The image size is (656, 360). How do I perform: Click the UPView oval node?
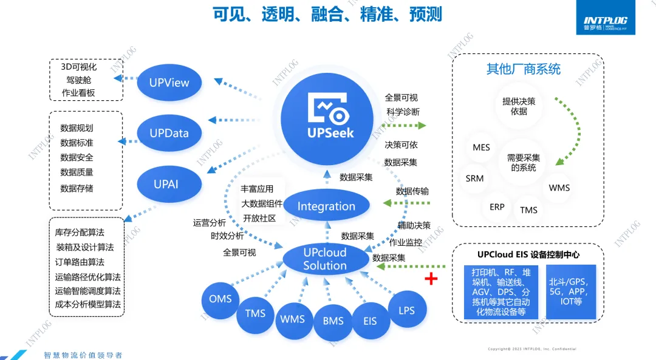pyautogui.click(x=169, y=83)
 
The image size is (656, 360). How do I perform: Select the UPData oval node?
pyautogui.click(x=169, y=133)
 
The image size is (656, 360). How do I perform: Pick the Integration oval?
pyautogui.click(x=326, y=206)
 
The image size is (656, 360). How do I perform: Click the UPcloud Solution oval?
pyautogui.click(x=325, y=259)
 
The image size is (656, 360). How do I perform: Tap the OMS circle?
pyautogui.click(x=220, y=299)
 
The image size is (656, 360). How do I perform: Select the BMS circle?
pyautogui.click(x=333, y=321)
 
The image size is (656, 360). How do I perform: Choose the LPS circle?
pyautogui.click(x=406, y=310)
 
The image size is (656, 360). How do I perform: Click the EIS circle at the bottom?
pyautogui.click(x=370, y=321)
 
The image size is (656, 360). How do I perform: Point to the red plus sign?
pyautogui.click(x=431, y=279)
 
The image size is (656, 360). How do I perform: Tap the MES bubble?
pyautogui.click(x=481, y=148)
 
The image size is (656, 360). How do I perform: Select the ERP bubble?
pyautogui.click(x=497, y=207)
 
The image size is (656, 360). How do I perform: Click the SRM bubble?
pyautogui.click(x=475, y=178)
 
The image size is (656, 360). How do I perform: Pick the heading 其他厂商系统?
pyautogui.click(x=523, y=69)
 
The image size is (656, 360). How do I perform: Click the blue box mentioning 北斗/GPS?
pyautogui.click(x=571, y=291)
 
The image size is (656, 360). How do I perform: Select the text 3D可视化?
pyautogui.click(x=79, y=67)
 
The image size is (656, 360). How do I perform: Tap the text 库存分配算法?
pyautogui.click(x=80, y=233)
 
